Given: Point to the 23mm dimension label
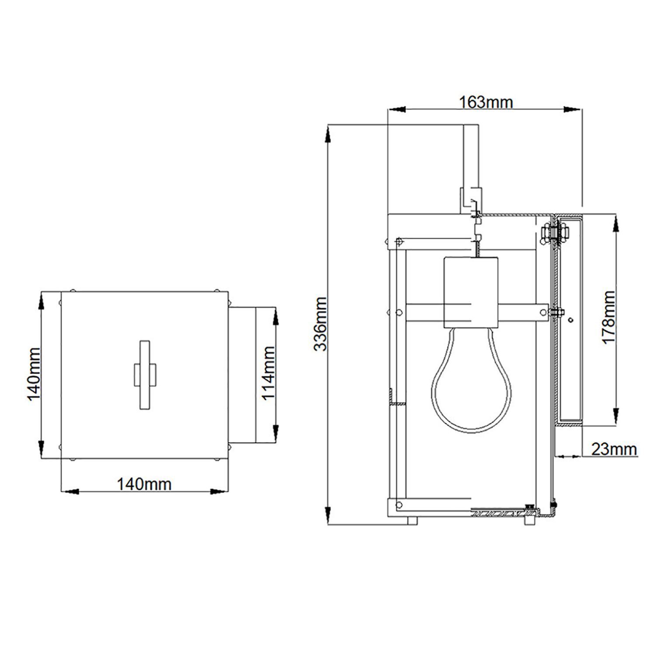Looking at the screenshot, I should coord(614,449).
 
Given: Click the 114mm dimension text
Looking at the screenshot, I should coord(268,373).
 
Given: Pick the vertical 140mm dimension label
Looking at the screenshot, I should coord(34,374).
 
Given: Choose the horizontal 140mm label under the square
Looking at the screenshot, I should coord(144,484).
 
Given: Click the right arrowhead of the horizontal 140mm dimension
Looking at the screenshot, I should coord(219,492).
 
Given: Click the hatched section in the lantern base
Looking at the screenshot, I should coord(499,512).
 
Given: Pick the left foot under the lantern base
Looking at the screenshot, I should coord(412,521).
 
